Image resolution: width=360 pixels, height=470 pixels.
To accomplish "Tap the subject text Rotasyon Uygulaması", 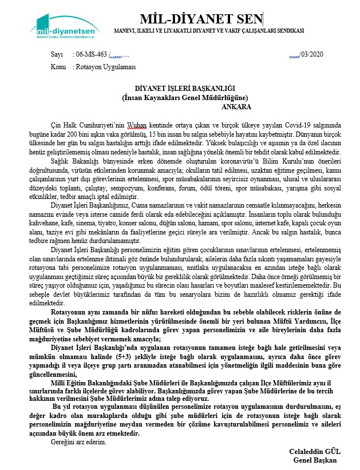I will tap(105, 66).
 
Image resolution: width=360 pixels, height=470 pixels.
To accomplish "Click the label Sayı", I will tap(57, 55).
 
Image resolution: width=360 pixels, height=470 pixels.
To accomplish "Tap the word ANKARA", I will tap(236, 105).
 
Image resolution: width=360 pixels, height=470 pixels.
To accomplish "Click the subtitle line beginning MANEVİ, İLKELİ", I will tap(209, 30).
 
